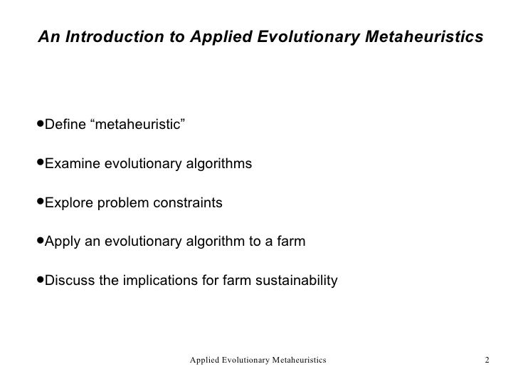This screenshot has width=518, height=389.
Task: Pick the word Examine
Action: point(73,165)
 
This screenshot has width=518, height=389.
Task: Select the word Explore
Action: point(69,203)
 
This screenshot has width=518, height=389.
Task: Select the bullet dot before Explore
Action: point(40,203)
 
